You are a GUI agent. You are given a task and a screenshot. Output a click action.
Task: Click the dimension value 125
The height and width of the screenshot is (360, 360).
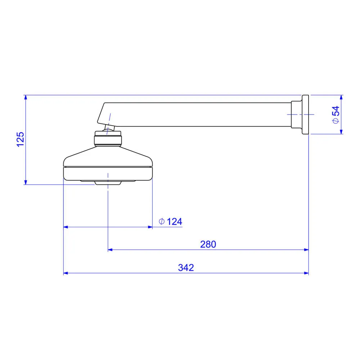tap(21, 139)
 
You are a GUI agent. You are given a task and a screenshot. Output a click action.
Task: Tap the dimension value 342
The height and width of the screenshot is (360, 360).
tap(186, 268)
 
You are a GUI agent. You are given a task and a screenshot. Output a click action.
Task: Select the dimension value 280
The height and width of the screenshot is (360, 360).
tap(208, 244)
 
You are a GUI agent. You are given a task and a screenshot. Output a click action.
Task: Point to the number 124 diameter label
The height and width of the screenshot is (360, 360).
tap(175, 221)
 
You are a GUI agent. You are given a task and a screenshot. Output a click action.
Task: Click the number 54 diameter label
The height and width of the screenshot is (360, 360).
tap(336, 111)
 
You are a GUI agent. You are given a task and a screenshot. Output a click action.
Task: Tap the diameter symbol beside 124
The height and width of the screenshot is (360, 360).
tap(162, 221)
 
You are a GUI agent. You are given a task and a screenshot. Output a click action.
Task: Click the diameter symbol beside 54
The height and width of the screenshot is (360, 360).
tap(336, 121)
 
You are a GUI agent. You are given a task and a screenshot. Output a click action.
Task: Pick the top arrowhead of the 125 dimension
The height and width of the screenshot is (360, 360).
tap(26, 97)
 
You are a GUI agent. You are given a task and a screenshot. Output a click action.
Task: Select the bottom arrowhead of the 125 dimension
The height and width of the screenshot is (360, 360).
tap(26, 182)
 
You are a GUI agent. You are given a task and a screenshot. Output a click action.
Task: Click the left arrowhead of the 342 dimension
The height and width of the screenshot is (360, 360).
tap(66, 273)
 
